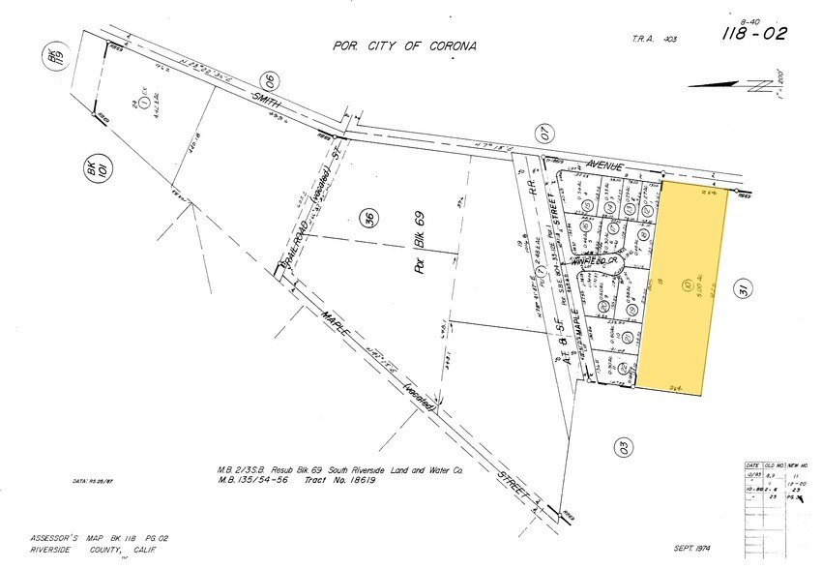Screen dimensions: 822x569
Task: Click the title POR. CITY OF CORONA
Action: click(404, 45)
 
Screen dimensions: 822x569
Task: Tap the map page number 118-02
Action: click(755, 35)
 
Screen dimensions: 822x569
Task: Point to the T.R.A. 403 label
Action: click(655, 38)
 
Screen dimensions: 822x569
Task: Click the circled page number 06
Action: click(270, 82)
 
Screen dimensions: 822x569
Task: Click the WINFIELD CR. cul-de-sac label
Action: click(593, 261)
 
